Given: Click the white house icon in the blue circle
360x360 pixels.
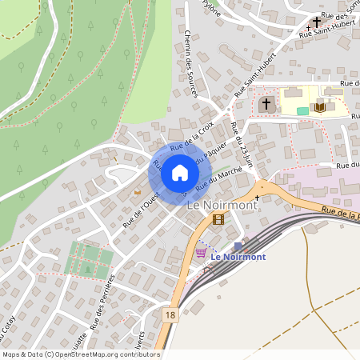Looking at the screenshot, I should [180, 172].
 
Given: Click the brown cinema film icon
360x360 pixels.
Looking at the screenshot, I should [218, 218].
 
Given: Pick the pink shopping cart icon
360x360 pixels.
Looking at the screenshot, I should [201, 253].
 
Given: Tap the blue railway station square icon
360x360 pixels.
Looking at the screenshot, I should [238, 245].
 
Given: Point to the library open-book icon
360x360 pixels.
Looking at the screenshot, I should [320, 106].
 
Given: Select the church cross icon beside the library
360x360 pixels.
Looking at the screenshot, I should [266, 104].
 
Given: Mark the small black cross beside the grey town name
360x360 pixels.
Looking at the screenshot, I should [257, 197].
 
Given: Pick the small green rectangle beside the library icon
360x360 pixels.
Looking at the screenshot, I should [302, 110].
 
